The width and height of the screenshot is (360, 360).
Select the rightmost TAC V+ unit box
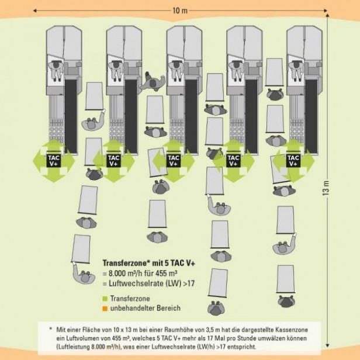point(293,161)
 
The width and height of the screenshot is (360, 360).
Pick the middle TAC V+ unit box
point(174,161)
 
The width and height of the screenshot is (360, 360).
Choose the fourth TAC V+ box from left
point(233,161)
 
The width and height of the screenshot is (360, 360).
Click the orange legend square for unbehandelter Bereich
point(105,308)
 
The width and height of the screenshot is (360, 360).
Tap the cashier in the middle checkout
point(176,69)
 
